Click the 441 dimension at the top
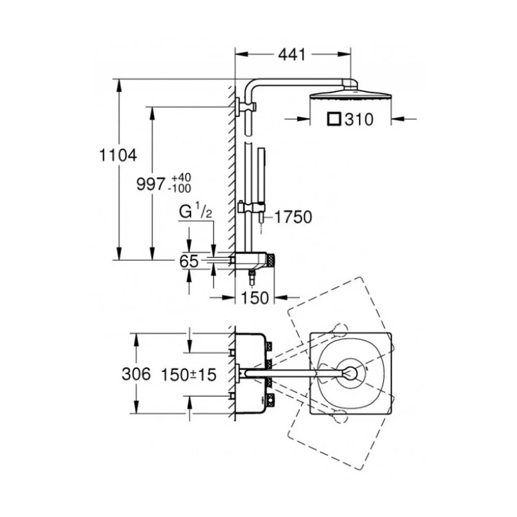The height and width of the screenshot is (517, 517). pyautogui.click(x=292, y=55)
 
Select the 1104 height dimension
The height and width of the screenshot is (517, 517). pyautogui.click(x=118, y=155)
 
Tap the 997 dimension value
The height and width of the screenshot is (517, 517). pyautogui.click(x=150, y=184)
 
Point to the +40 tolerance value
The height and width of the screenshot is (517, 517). pyautogui.click(x=181, y=177)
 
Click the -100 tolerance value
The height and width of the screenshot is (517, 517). pyautogui.click(x=179, y=188)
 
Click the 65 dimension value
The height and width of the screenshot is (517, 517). pyautogui.click(x=189, y=262)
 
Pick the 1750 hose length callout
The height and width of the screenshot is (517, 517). pyautogui.click(x=293, y=217)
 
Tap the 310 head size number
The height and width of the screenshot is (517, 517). pyautogui.click(x=359, y=119)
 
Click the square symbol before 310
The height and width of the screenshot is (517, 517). pyautogui.click(x=334, y=119)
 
